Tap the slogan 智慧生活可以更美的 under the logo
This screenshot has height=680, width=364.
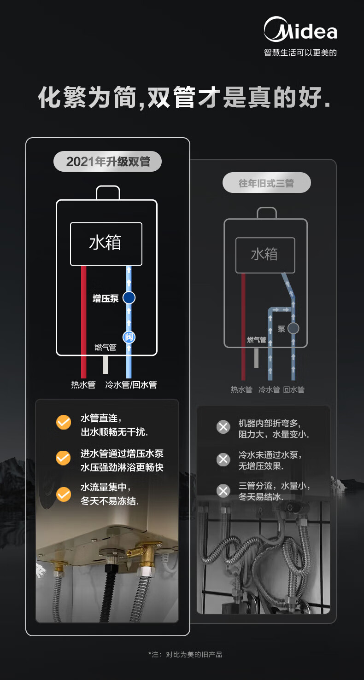click(x=300, y=52)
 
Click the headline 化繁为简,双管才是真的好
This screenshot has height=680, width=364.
click(x=184, y=97)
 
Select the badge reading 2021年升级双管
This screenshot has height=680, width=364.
click(x=107, y=161)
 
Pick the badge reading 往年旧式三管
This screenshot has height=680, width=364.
click(x=266, y=183)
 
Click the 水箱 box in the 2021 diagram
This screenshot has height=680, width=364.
click(x=106, y=244)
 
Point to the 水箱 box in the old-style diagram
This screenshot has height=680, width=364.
click(x=265, y=255)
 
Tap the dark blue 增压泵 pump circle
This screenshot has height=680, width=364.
click(x=129, y=297)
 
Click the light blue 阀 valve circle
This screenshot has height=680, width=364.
click(x=129, y=337)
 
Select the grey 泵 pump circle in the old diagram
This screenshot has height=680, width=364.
click(x=293, y=328)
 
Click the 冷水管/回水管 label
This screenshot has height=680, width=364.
click(x=131, y=384)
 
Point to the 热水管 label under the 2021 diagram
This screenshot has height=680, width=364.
click(x=83, y=384)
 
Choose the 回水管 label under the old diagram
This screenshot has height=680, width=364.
click(x=294, y=389)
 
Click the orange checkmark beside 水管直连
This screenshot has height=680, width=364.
click(x=64, y=422)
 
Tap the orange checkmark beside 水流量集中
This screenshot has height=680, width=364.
click(x=64, y=494)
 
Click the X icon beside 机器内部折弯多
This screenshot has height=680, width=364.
click(x=223, y=427)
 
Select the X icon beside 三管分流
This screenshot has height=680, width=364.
click(x=223, y=491)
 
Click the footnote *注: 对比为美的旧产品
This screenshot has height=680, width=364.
click(x=185, y=655)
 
